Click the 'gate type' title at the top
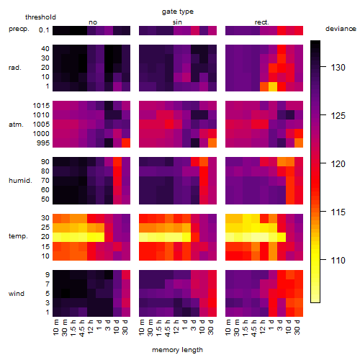click(x=178, y=12)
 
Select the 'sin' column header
click(x=177, y=22)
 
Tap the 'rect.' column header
click(x=262, y=22)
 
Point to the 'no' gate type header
click(x=93, y=22)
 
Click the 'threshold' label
click(x=40, y=17)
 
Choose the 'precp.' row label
click(x=19, y=29)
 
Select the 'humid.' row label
click(x=20, y=181)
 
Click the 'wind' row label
click(x=17, y=294)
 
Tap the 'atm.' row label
click(x=16, y=125)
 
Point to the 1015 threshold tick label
click(x=41, y=106)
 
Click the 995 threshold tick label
click(x=43, y=143)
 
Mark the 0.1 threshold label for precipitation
click(x=44, y=30)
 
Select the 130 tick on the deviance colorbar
click(x=338, y=68)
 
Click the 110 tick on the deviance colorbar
click(x=338, y=260)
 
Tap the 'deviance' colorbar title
click(x=341, y=29)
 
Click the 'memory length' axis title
click(x=178, y=350)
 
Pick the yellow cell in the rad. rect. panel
click(x=273, y=86)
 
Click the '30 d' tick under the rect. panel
click(x=297, y=327)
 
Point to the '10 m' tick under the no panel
click(x=55, y=327)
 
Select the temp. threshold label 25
click(x=45, y=228)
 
